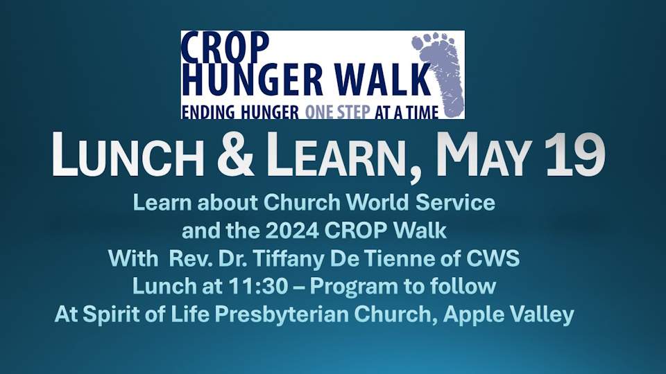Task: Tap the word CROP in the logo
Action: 225,48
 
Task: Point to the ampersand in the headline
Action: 235,154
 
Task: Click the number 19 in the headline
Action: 576,154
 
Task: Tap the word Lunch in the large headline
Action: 128,154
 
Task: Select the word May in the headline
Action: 484,154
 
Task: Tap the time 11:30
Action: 258,287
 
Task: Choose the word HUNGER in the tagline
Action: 270,112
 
